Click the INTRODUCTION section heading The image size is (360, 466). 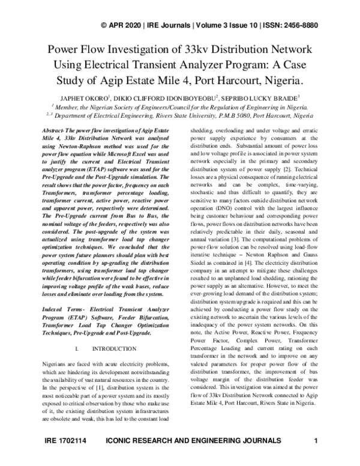pyautogui.click(x=116, y=349)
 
